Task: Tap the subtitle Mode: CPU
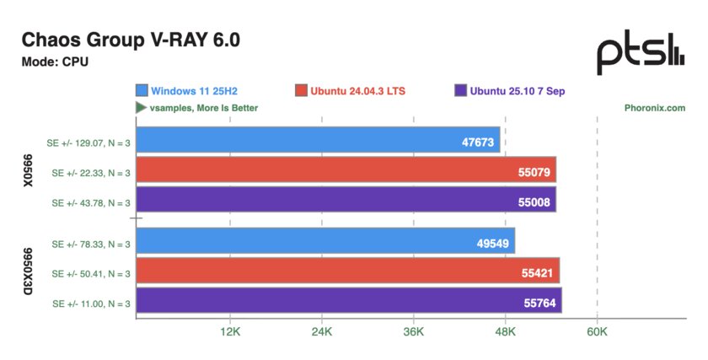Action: point(55,62)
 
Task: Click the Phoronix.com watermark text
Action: point(655,108)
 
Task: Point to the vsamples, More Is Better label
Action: point(196,108)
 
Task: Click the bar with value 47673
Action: point(318,140)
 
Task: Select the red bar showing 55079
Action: point(346,170)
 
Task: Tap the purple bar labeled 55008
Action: point(346,200)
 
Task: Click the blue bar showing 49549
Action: point(324,241)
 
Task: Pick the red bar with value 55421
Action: point(347,271)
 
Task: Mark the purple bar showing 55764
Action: point(348,301)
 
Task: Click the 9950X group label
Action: point(29,170)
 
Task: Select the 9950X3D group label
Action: point(29,271)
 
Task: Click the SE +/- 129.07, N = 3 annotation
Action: point(90,141)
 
